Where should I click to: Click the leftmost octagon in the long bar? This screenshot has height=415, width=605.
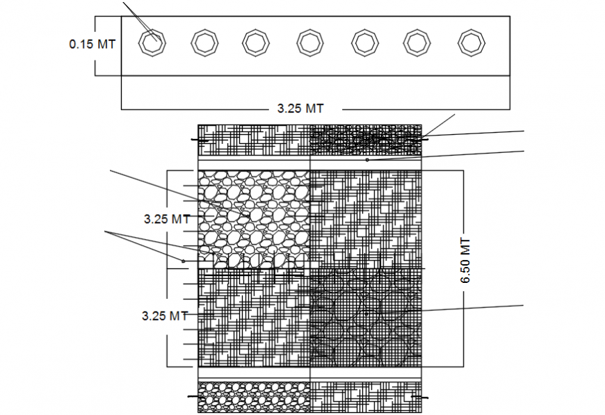[x=151, y=43]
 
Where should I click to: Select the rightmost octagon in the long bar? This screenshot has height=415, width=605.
[x=472, y=42]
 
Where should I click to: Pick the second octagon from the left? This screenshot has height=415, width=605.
[x=204, y=43]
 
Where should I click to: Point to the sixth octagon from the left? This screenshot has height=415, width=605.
[x=417, y=42]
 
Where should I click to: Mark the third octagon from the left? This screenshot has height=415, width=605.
[x=255, y=42]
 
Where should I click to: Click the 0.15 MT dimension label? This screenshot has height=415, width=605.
[x=92, y=44]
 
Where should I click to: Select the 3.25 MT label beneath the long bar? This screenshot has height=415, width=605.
[x=300, y=108]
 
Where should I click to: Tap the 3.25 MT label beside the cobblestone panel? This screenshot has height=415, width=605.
[x=167, y=218]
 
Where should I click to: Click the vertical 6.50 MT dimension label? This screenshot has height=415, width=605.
[x=465, y=260]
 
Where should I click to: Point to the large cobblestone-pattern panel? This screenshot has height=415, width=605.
[x=253, y=219]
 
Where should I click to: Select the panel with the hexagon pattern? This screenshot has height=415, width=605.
[x=365, y=317]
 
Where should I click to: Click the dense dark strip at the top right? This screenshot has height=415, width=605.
[x=365, y=140]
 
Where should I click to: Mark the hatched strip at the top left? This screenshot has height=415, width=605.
[x=253, y=140]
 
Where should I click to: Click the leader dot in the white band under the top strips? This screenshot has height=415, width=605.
[x=367, y=160]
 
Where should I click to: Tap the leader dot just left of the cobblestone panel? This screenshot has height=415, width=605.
[x=184, y=261]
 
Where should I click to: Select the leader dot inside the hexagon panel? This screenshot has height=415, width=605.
[x=366, y=314]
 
